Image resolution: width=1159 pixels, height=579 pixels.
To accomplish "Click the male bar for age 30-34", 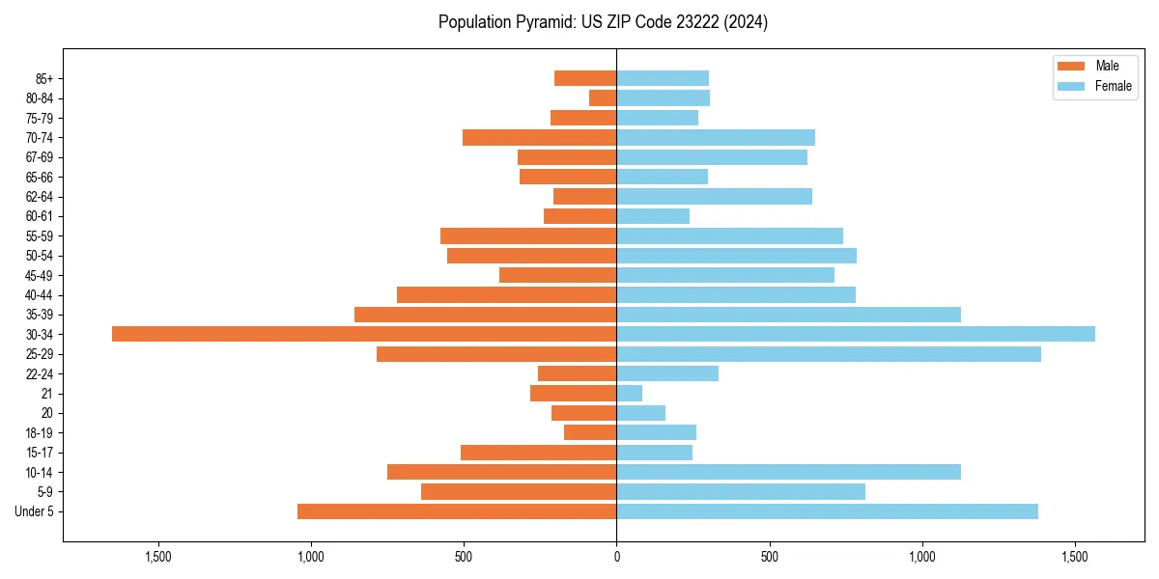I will pyautogui.click(x=364, y=334).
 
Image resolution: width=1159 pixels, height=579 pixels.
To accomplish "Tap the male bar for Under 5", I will pyautogui.click(x=457, y=511).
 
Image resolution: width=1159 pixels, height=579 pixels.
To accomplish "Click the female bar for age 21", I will pyautogui.click(x=630, y=394).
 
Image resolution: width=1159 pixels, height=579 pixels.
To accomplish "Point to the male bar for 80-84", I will pyautogui.click(x=603, y=97).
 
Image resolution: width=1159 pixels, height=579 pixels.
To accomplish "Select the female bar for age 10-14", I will pyautogui.click(x=788, y=472).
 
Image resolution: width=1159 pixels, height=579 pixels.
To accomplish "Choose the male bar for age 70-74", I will pyautogui.click(x=539, y=137).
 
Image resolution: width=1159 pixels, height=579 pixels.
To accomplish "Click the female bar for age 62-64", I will pyautogui.click(x=714, y=196).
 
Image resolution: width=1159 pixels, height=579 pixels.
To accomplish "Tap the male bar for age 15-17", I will pyautogui.click(x=538, y=453).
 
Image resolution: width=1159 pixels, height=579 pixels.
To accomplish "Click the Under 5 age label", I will pyautogui.click(x=35, y=511).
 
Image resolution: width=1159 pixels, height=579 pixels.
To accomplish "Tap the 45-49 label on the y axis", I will pyautogui.click(x=39, y=275).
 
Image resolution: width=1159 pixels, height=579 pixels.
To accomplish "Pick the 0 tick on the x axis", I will pyautogui.click(x=616, y=557).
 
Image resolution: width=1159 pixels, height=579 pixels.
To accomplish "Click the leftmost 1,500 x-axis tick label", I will pyautogui.click(x=157, y=557).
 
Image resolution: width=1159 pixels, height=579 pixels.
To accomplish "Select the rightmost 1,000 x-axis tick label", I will pyautogui.click(x=922, y=557).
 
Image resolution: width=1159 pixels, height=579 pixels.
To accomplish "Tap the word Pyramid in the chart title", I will pyautogui.click(x=541, y=22).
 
